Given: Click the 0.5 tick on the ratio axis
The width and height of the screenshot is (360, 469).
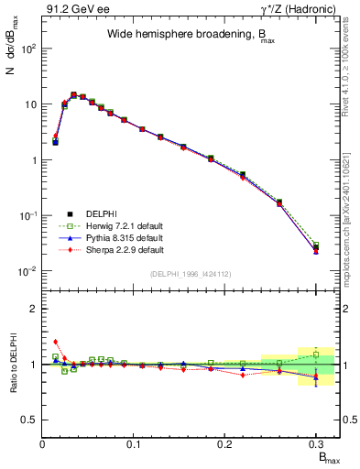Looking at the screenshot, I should click(x=32, y=420).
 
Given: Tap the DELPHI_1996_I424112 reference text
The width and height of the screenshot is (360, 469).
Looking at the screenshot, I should click(x=191, y=273).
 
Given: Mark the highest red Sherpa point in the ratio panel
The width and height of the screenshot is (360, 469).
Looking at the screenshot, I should click(x=55, y=342).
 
